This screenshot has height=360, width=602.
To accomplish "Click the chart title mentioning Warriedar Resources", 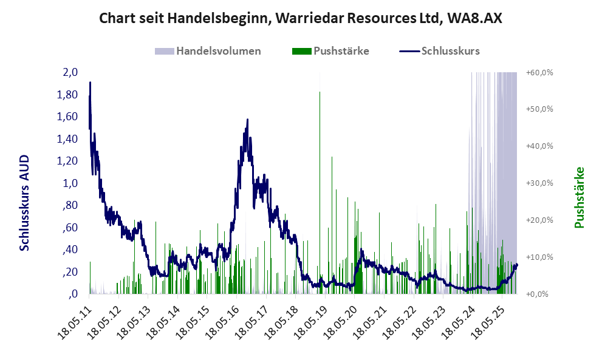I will [x=301, y=18].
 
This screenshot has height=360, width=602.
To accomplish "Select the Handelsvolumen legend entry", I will [x=218, y=51].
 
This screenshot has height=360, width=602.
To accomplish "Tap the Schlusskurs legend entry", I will [x=450, y=51].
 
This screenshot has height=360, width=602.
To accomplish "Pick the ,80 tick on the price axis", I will [x=69, y=205].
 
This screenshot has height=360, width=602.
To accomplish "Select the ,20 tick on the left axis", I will [x=69, y=271].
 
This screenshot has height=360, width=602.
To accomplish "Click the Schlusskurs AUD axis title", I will [x=24, y=203].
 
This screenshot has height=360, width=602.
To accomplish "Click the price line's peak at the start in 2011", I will [x=90, y=83].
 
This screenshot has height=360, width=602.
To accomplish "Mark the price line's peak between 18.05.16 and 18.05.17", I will [x=247, y=120].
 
